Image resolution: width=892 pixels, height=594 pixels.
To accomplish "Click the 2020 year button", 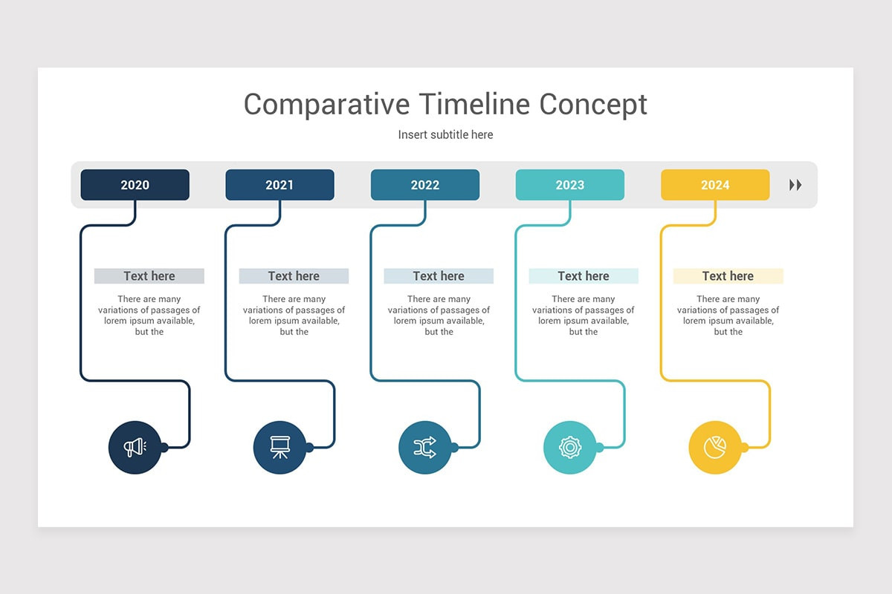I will click(135, 185).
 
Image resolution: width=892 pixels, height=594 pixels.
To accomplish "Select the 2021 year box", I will click(279, 185).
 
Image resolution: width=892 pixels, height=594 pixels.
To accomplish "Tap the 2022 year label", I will click(424, 185).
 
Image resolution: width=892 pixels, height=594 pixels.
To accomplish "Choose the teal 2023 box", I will click(569, 185).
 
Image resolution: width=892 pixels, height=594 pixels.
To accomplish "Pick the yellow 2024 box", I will click(714, 185).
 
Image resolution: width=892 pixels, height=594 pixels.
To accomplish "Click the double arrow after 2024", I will click(795, 185).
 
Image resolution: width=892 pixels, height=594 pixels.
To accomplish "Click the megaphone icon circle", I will click(135, 447).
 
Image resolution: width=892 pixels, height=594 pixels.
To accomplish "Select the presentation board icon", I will click(279, 447).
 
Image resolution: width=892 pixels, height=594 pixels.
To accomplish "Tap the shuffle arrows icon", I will click(424, 447).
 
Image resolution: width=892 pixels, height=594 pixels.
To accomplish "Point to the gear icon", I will click(569, 447).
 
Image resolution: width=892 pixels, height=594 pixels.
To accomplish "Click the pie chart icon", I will click(714, 447).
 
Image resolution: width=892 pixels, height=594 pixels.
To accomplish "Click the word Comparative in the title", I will click(326, 105).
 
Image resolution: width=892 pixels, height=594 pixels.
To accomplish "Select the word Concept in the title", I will click(593, 105).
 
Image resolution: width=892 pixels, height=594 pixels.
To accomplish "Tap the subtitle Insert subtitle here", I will click(445, 135).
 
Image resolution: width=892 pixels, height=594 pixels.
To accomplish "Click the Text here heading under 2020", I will click(149, 276).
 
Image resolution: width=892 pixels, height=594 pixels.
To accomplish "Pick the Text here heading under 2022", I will click(439, 276).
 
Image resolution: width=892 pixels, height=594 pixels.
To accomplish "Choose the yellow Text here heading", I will click(728, 276).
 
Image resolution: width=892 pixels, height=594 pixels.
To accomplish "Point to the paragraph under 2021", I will click(294, 316).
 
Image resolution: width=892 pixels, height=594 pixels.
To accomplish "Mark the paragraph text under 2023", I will click(584, 316).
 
